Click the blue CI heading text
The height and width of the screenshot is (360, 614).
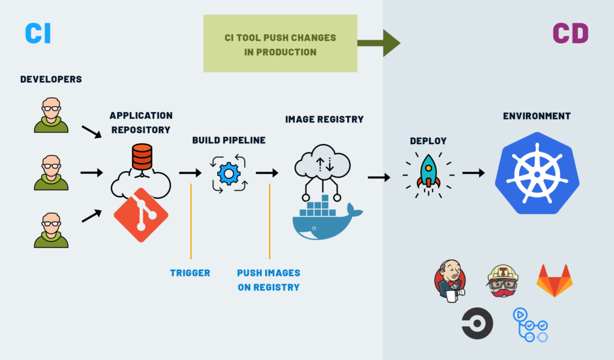pyautogui.click(x=38, y=34)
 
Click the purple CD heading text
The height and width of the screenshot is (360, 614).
pyautogui.click(x=570, y=34)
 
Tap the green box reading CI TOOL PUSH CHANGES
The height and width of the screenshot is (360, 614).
pyautogui.click(x=280, y=44)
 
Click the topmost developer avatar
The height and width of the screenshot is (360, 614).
pyautogui.click(x=51, y=115)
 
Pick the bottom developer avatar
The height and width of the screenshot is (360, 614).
pyautogui.click(x=51, y=229)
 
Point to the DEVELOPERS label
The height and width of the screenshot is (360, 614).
pyautogui.click(x=51, y=79)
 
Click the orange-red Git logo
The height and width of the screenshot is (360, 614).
pyautogui.click(x=141, y=215)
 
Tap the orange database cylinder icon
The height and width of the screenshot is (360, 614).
pyautogui.click(x=142, y=157)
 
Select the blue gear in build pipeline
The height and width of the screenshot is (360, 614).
pyautogui.click(x=228, y=173)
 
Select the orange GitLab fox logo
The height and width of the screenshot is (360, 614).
pyautogui.click(x=554, y=280)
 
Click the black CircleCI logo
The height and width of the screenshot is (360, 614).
pyautogui.click(x=477, y=323)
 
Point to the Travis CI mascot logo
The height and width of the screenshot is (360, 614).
pyautogui.click(x=502, y=280)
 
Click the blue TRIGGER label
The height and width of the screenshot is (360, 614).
pyautogui.click(x=190, y=273)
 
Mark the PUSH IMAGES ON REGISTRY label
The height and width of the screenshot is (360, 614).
pyautogui.click(x=268, y=280)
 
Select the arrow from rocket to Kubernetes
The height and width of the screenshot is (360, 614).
pyautogui.click(x=473, y=173)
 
